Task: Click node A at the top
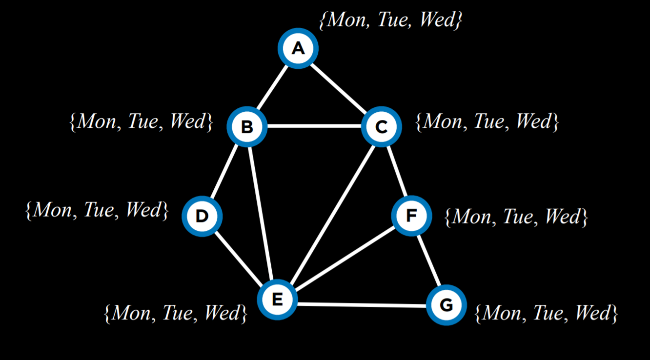click(x=298, y=48)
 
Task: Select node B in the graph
click(x=247, y=127)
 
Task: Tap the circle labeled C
click(x=381, y=127)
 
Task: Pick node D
click(x=202, y=216)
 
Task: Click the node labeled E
click(x=277, y=299)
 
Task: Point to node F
click(x=412, y=216)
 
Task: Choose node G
click(x=446, y=305)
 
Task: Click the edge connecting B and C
click(x=314, y=127)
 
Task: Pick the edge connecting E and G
click(x=361, y=305)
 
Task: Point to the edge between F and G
click(x=429, y=260)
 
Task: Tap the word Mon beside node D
click(x=51, y=210)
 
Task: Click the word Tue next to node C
click(x=488, y=121)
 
